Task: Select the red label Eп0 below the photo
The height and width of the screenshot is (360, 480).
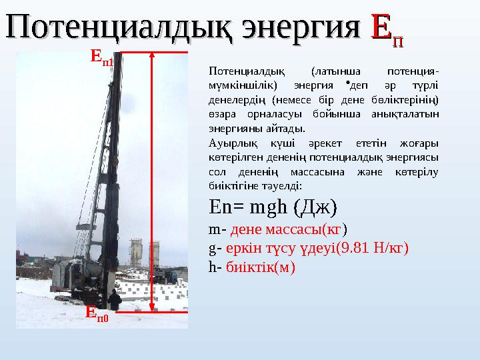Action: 97,313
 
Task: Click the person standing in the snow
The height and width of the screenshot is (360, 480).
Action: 115,299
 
